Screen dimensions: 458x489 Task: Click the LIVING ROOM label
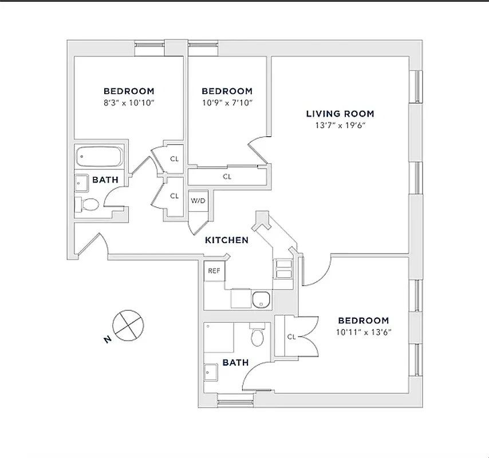pyautogui.click(x=340, y=113)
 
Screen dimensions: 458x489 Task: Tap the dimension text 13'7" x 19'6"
pyautogui.click(x=340, y=125)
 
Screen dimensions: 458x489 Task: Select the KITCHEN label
pyautogui.click(x=227, y=240)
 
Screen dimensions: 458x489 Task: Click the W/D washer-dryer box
pyautogui.click(x=198, y=201)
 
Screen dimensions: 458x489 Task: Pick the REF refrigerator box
pyautogui.click(x=214, y=271)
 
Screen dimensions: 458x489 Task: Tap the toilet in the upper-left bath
pyautogui.click(x=89, y=204)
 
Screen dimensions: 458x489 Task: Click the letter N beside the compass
pyautogui.click(x=107, y=340)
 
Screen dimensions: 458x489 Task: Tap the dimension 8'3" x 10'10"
pyautogui.click(x=129, y=103)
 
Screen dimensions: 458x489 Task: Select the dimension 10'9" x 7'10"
pyautogui.click(x=227, y=103)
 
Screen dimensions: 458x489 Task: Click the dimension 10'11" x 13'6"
pyautogui.click(x=363, y=332)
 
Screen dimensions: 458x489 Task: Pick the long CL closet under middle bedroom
pyautogui.click(x=227, y=177)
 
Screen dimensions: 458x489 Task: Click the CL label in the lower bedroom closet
pyautogui.click(x=291, y=337)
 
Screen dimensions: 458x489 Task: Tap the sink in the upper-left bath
pyautogui.click(x=82, y=182)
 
